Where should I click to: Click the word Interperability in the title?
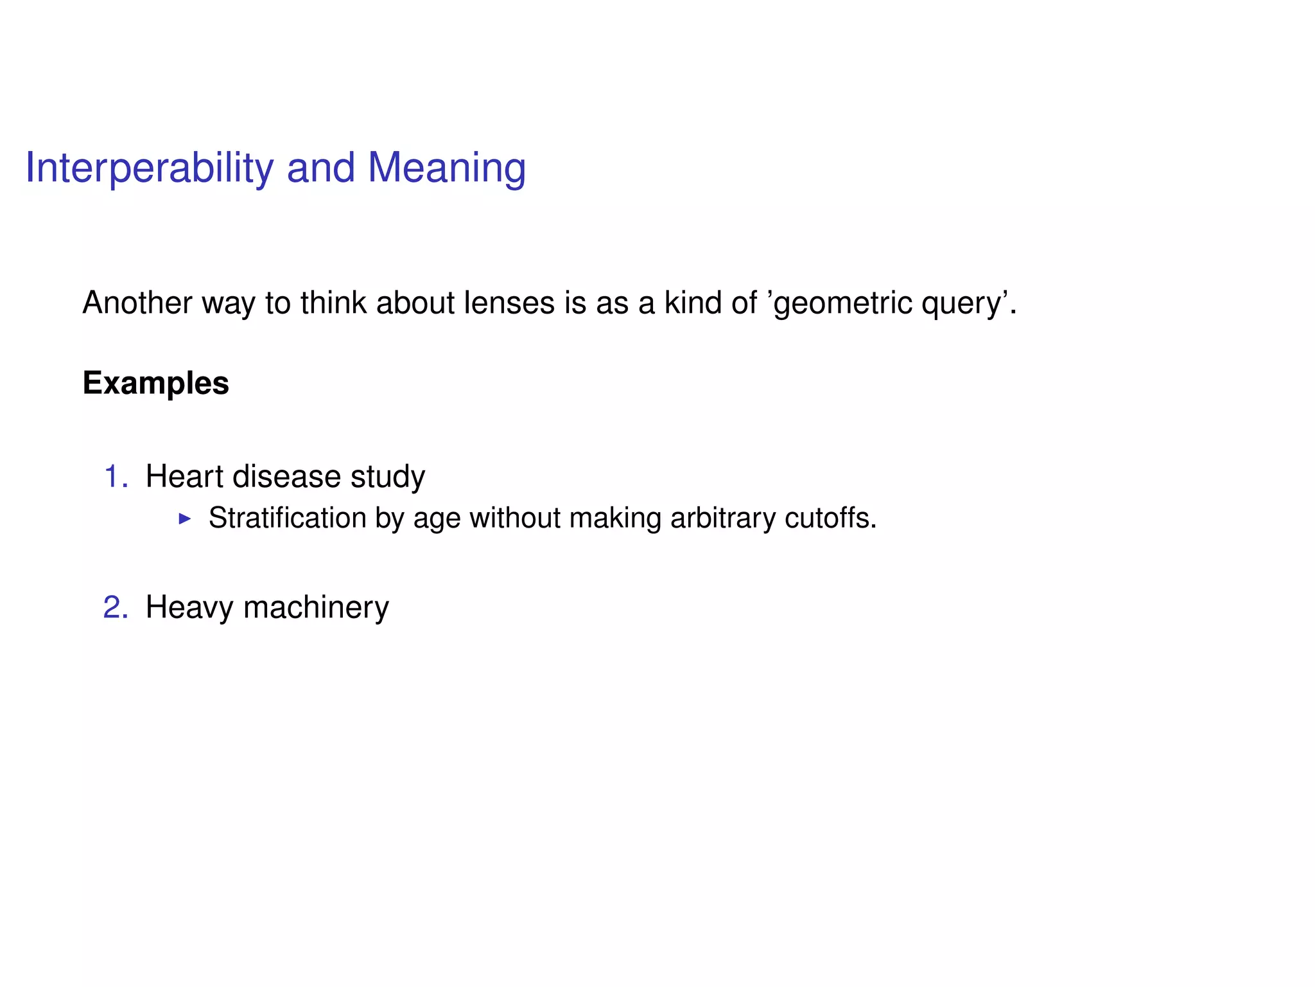pos(149,168)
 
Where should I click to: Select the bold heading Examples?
pos(155,383)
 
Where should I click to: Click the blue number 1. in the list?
pos(116,477)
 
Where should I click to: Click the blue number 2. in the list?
pos(116,607)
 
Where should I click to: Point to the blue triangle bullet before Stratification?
pos(185,518)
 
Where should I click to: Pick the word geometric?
pos(843,303)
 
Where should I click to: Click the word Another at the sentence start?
pos(137,303)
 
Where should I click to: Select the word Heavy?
pos(189,607)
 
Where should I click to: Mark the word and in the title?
pos(320,168)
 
